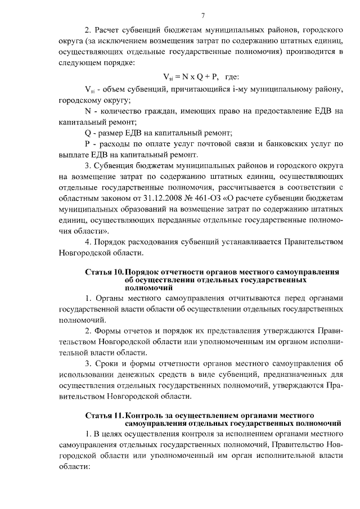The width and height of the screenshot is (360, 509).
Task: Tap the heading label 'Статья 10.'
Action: coord(104,272)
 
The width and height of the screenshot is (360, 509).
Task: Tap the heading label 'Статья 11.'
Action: coord(104,415)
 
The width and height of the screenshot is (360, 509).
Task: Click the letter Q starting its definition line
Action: coord(88,133)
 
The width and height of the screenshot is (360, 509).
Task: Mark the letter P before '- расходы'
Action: coord(88,145)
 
